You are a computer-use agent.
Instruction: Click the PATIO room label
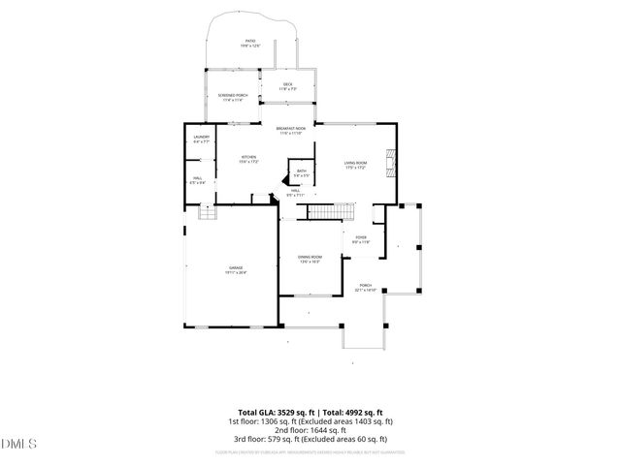[x=250, y=43]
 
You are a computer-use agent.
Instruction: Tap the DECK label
[x=287, y=86]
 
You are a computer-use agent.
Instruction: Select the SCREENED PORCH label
[x=233, y=96]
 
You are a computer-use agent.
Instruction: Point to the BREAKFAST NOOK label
[x=291, y=131]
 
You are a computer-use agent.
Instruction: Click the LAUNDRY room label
[x=201, y=139]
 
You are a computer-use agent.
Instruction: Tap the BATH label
[x=301, y=172]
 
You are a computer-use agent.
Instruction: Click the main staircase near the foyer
[x=341, y=211]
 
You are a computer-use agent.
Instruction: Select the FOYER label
[x=360, y=239]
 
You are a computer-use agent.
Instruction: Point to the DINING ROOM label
[x=310, y=259]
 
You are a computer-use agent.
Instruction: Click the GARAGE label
[x=236, y=269]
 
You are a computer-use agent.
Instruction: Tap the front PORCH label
[x=366, y=288]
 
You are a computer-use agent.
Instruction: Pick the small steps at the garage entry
[x=206, y=212]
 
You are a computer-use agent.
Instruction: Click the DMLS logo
[x=18, y=444]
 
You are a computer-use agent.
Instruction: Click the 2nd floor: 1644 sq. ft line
[x=310, y=432]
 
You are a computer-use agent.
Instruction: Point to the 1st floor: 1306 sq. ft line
[x=310, y=421]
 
